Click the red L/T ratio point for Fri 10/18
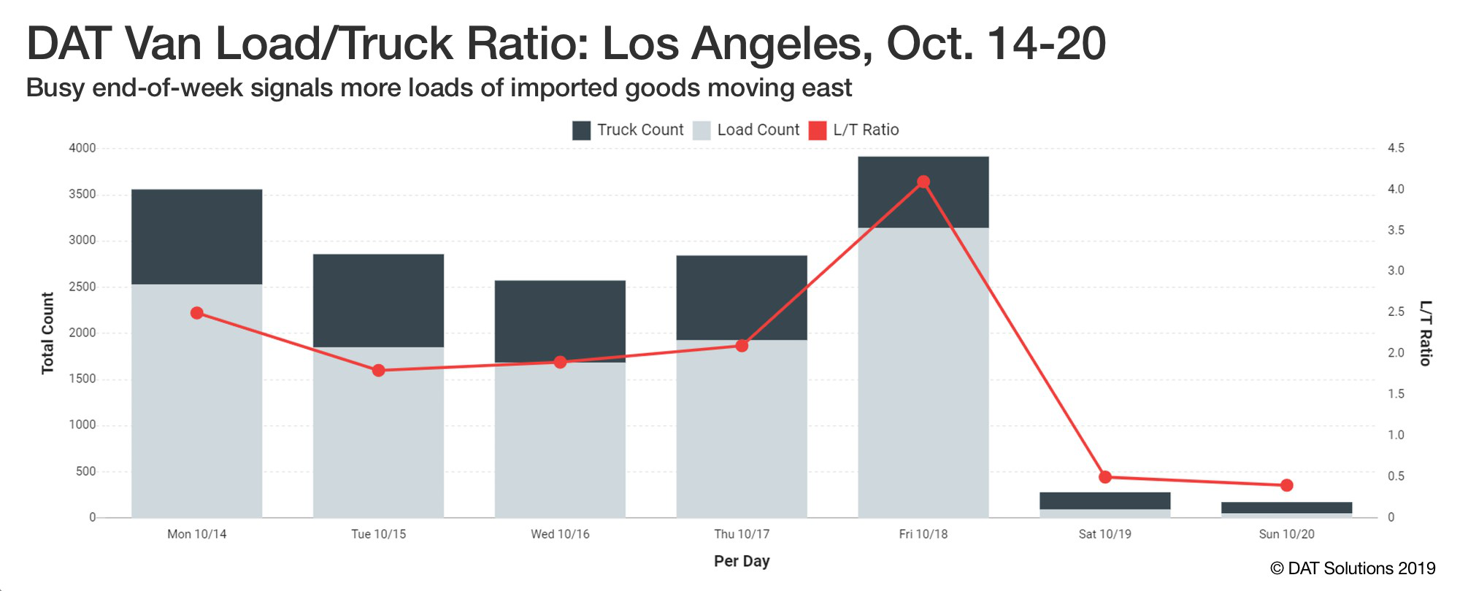point(923,182)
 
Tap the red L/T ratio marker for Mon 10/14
point(196,313)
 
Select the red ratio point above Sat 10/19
point(1104,477)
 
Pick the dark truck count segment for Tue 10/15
point(378,301)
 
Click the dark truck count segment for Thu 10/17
point(742,298)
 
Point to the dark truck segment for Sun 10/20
point(1286,508)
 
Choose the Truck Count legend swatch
point(581,131)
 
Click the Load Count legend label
point(758,130)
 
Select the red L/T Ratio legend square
point(818,131)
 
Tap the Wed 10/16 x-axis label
point(560,534)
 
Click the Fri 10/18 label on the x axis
point(923,534)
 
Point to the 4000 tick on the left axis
point(82,148)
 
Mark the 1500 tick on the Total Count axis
point(82,379)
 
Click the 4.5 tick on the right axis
point(1396,148)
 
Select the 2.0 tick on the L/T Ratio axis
point(1396,353)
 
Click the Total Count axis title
point(47,333)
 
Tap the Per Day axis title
point(742,561)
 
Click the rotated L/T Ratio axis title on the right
point(1425,333)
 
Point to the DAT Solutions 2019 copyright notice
point(1353,568)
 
